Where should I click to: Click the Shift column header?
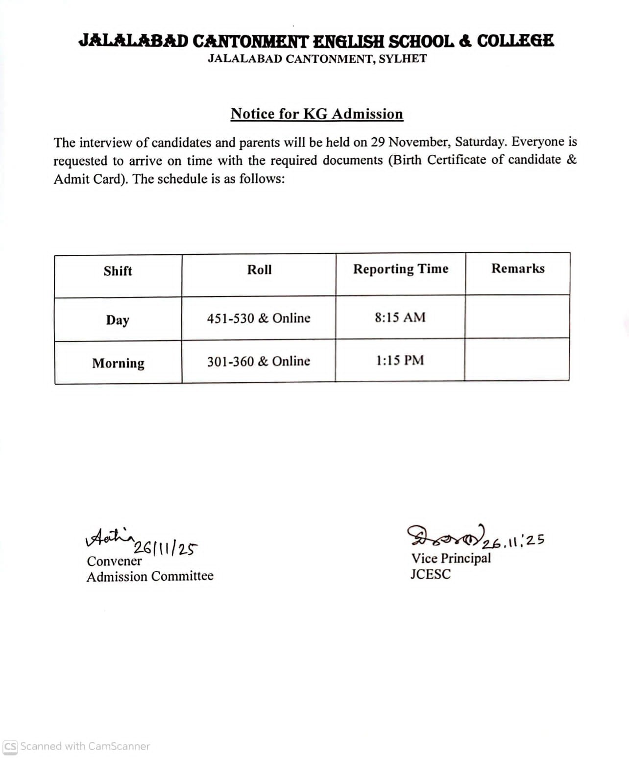click(x=118, y=271)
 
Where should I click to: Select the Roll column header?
click(x=259, y=270)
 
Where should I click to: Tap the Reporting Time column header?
click(x=401, y=269)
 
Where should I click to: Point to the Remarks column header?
click(x=518, y=269)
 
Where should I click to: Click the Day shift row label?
click(x=118, y=320)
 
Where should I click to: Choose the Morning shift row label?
click(x=118, y=363)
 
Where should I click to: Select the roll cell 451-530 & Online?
click(x=258, y=318)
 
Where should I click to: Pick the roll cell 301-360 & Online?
click(x=258, y=362)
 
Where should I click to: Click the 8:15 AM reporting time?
click(x=400, y=318)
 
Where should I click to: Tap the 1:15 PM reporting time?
click(x=400, y=361)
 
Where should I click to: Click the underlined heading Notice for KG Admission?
click(x=316, y=114)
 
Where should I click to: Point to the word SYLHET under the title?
click(x=403, y=59)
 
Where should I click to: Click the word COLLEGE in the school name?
click(x=515, y=41)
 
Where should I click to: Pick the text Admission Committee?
click(x=150, y=576)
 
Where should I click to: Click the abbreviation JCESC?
click(x=430, y=574)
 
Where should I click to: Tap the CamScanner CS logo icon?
click(x=10, y=746)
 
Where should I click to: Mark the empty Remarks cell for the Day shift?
click(x=517, y=317)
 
